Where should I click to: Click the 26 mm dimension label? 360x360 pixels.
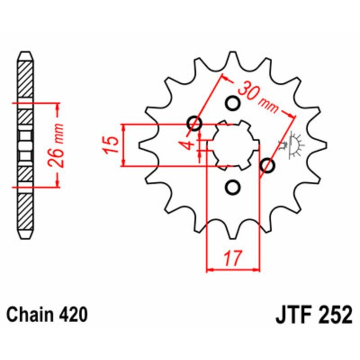pos(56,145)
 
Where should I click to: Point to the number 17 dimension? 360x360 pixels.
pos(233,258)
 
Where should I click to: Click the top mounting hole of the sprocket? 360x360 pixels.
pos(233,103)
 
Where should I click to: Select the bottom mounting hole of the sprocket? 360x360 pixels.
pos(233,187)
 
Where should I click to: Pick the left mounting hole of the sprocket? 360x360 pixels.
pos(194,123)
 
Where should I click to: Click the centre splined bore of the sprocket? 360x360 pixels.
pos(236,145)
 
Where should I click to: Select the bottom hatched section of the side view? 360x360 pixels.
pos(26,211)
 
